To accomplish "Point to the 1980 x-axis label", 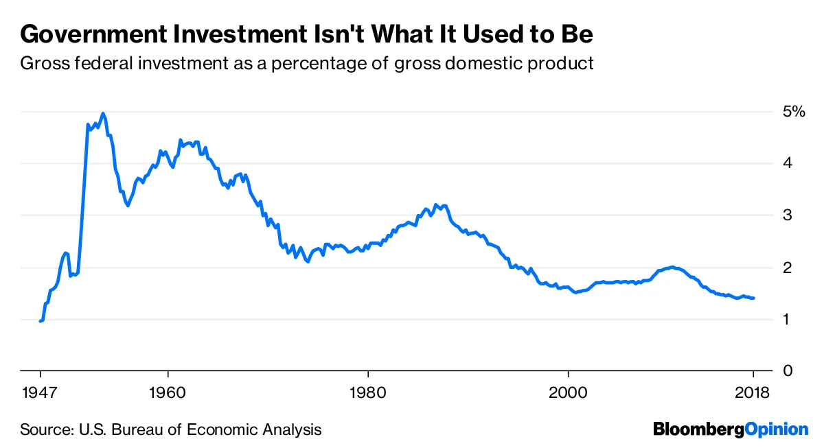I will coord(368,394).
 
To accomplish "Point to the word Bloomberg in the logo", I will coord(699,430).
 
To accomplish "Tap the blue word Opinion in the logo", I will coord(777,430).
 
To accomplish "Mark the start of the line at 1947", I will coord(41,321).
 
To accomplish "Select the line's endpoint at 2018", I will coord(754,298).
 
